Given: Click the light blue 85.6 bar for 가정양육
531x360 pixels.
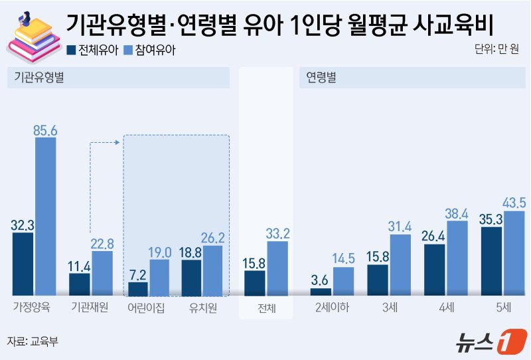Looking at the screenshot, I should (45, 216).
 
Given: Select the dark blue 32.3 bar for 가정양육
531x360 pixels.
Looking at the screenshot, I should (23, 263).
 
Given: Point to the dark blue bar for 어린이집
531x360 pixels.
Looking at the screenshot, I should (137, 288).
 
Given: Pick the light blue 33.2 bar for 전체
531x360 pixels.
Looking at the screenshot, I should (277, 268).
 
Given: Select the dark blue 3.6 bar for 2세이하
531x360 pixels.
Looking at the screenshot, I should (321, 291).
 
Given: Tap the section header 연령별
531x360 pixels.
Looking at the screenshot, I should (321, 77).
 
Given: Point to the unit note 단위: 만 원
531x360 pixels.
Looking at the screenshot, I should (497, 50).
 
